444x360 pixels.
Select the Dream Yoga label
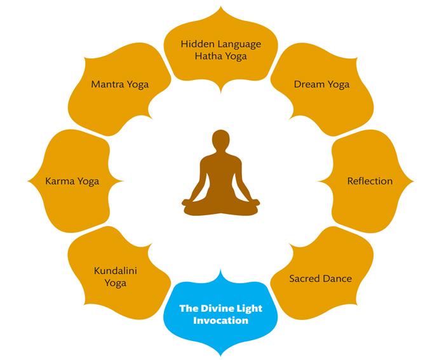tap(321, 84)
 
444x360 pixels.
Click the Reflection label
tap(370, 181)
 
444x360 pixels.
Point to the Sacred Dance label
tap(320, 278)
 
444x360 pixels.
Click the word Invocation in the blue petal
tap(221, 321)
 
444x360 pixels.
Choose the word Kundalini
tap(116, 271)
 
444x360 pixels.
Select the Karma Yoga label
tap(72, 181)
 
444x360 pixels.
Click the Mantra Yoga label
tap(120, 84)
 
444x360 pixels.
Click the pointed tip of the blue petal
tap(221, 356)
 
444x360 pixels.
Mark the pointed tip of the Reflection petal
tap(413, 181)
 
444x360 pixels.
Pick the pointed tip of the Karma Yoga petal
tap(29, 181)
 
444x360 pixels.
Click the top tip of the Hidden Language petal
tap(221, 6)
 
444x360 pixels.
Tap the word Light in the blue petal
tap(250, 309)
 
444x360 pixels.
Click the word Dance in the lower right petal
tap(337, 278)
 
